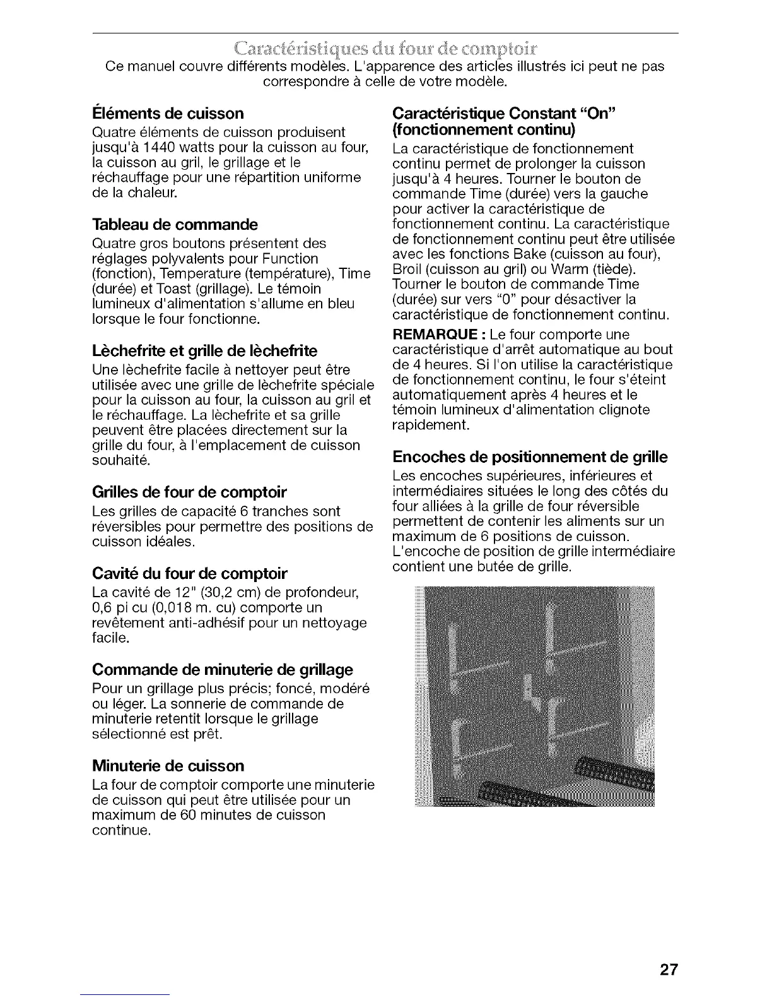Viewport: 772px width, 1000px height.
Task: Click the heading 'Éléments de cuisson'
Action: (168, 114)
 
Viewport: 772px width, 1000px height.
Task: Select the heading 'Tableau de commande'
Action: (175, 225)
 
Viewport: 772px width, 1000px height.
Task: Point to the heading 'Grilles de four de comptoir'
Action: (189, 492)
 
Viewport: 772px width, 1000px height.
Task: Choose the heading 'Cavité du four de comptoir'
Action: (189, 574)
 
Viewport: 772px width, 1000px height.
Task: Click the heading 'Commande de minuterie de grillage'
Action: (222, 669)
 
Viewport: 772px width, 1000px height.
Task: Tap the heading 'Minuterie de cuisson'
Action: (168, 766)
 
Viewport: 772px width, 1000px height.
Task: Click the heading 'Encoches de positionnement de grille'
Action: (530, 456)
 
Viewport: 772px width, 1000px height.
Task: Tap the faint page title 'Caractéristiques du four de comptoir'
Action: (385, 51)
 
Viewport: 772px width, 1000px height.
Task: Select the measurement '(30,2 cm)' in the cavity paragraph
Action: (247, 593)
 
